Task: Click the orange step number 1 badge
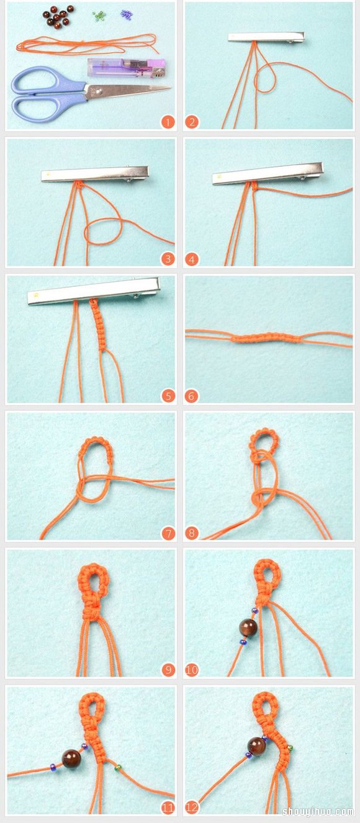coord(168,122)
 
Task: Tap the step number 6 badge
coord(191,397)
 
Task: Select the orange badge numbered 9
coord(168,670)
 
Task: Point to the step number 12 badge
coord(191,807)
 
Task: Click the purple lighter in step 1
coord(127,68)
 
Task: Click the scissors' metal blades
coord(128,91)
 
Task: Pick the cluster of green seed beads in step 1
coord(99,16)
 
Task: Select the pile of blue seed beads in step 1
coord(127,14)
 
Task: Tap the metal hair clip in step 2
coord(266,37)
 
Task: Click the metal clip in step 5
coord(94,291)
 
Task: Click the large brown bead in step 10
coord(248,627)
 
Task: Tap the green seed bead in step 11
coord(118,768)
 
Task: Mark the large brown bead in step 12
coord(256,746)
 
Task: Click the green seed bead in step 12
coord(290,748)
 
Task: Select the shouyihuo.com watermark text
coord(318,811)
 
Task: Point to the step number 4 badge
coord(191,259)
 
